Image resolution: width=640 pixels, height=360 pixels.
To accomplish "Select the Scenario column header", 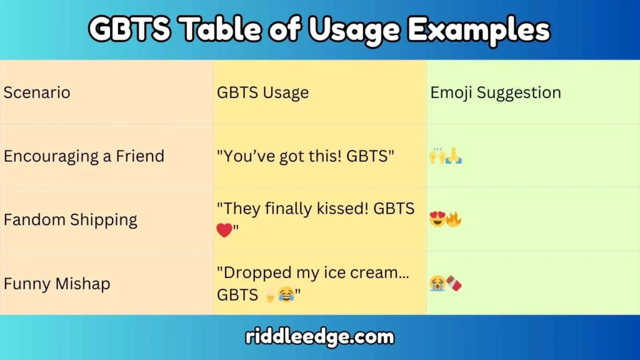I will (x=37, y=93).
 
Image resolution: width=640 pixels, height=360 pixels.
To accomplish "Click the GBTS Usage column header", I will (x=262, y=93).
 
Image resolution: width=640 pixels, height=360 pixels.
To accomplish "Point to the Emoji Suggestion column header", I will (x=496, y=93).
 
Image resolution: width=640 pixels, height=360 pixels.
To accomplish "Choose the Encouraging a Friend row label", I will (x=84, y=156).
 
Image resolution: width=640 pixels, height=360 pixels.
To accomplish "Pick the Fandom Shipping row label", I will (x=71, y=220).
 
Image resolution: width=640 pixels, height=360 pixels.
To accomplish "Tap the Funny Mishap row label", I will (x=57, y=284).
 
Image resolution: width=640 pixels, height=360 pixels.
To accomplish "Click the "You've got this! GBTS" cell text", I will (x=306, y=156).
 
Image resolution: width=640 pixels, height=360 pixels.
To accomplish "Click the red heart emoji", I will (x=224, y=231).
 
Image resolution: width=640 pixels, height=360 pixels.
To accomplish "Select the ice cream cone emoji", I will (x=270, y=295).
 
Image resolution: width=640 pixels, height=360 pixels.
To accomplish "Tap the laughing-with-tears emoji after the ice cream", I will (x=286, y=295).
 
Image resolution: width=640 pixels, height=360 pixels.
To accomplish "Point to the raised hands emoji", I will (x=437, y=156).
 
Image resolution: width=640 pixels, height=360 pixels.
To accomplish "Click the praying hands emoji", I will (x=454, y=156).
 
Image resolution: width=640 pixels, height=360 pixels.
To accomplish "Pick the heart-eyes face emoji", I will (x=437, y=220).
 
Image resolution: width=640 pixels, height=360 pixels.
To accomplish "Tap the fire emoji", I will (x=454, y=220).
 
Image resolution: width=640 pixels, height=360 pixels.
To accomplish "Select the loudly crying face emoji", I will (x=437, y=284).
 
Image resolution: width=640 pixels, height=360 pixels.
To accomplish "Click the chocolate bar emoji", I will (x=454, y=284).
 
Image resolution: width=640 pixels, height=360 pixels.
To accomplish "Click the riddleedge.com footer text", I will (x=319, y=337).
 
